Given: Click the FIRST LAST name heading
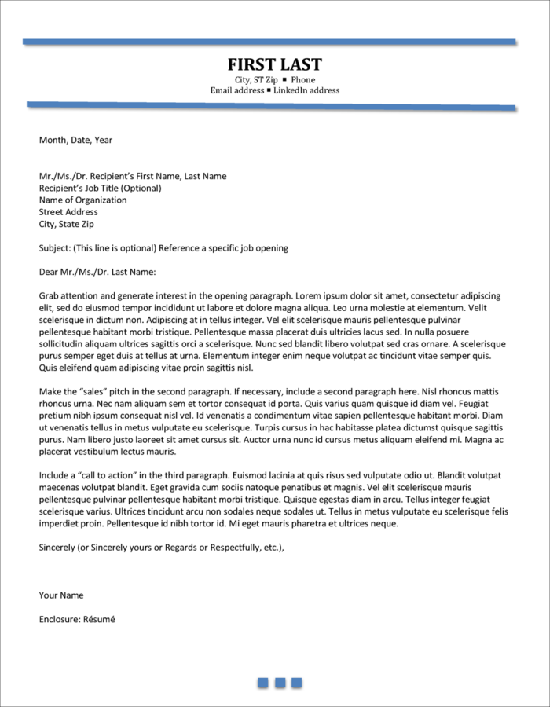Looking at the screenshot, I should pos(275,64).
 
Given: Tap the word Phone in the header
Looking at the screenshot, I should pos(302,80).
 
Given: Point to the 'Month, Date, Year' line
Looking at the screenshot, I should pos(75,141).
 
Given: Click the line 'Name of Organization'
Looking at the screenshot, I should pos(82,200).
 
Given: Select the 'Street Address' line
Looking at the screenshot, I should pos(68,212).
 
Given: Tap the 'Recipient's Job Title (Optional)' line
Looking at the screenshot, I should pos(100,189).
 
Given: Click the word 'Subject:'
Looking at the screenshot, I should pos(54,248).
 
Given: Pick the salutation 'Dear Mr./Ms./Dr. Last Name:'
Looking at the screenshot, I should pos(97,273).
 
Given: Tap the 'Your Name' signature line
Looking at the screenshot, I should pos(61,595).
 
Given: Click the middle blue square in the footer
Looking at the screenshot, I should pos(280,683).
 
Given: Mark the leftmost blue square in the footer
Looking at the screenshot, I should pos(263,683).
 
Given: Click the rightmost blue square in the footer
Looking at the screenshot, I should pos(296,683).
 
